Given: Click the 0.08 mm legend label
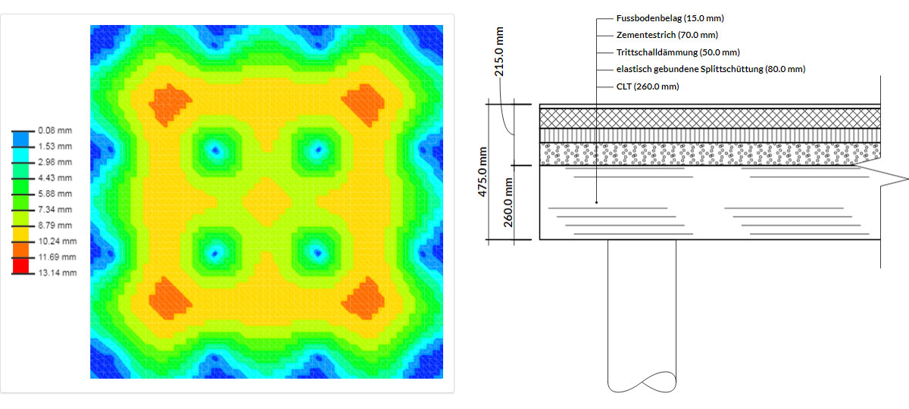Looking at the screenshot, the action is click(x=55, y=130).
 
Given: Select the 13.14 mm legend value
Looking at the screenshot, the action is click(x=58, y=273).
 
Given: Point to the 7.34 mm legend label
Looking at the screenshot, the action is click(x=55, y=210).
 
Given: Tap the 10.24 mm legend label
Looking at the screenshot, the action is click(x=58, y=242).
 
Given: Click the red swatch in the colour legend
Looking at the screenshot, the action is click(x=20, y=266).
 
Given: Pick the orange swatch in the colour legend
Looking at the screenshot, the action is click(x=20, y=250).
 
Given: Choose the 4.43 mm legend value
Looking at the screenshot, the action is click(x=55, y=178).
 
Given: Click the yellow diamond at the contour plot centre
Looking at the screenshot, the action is click(x=267, y=201).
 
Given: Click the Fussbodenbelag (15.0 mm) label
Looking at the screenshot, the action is click(x=670, y=18).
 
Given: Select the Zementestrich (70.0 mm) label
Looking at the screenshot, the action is click(x=667, y=36).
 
